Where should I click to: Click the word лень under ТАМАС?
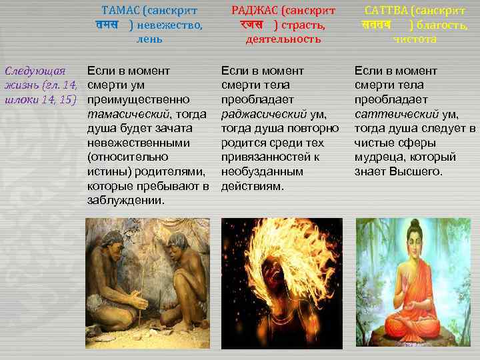click(x=149, y=39)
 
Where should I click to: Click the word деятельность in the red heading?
click(x=283, y=39)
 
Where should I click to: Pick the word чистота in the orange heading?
click(x=415, y=39)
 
